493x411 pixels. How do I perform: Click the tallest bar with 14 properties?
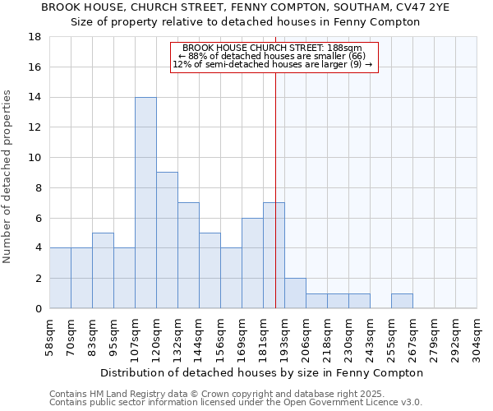tap(145, 203)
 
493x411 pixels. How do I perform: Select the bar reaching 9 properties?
tap(167, 240)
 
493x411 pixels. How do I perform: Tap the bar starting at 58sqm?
tap(60, 278)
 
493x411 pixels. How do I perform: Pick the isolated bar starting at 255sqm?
tap(402, 301)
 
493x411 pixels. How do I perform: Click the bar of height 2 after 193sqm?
tap(295, 293)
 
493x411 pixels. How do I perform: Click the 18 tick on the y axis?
tap(35, 37)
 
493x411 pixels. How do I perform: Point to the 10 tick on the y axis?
tap(35, 158)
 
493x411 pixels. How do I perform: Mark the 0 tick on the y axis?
tap(38, 308)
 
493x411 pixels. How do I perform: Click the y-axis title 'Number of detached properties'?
tap(8, 177)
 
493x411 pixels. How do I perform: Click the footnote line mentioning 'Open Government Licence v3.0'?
tap(236, 402)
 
